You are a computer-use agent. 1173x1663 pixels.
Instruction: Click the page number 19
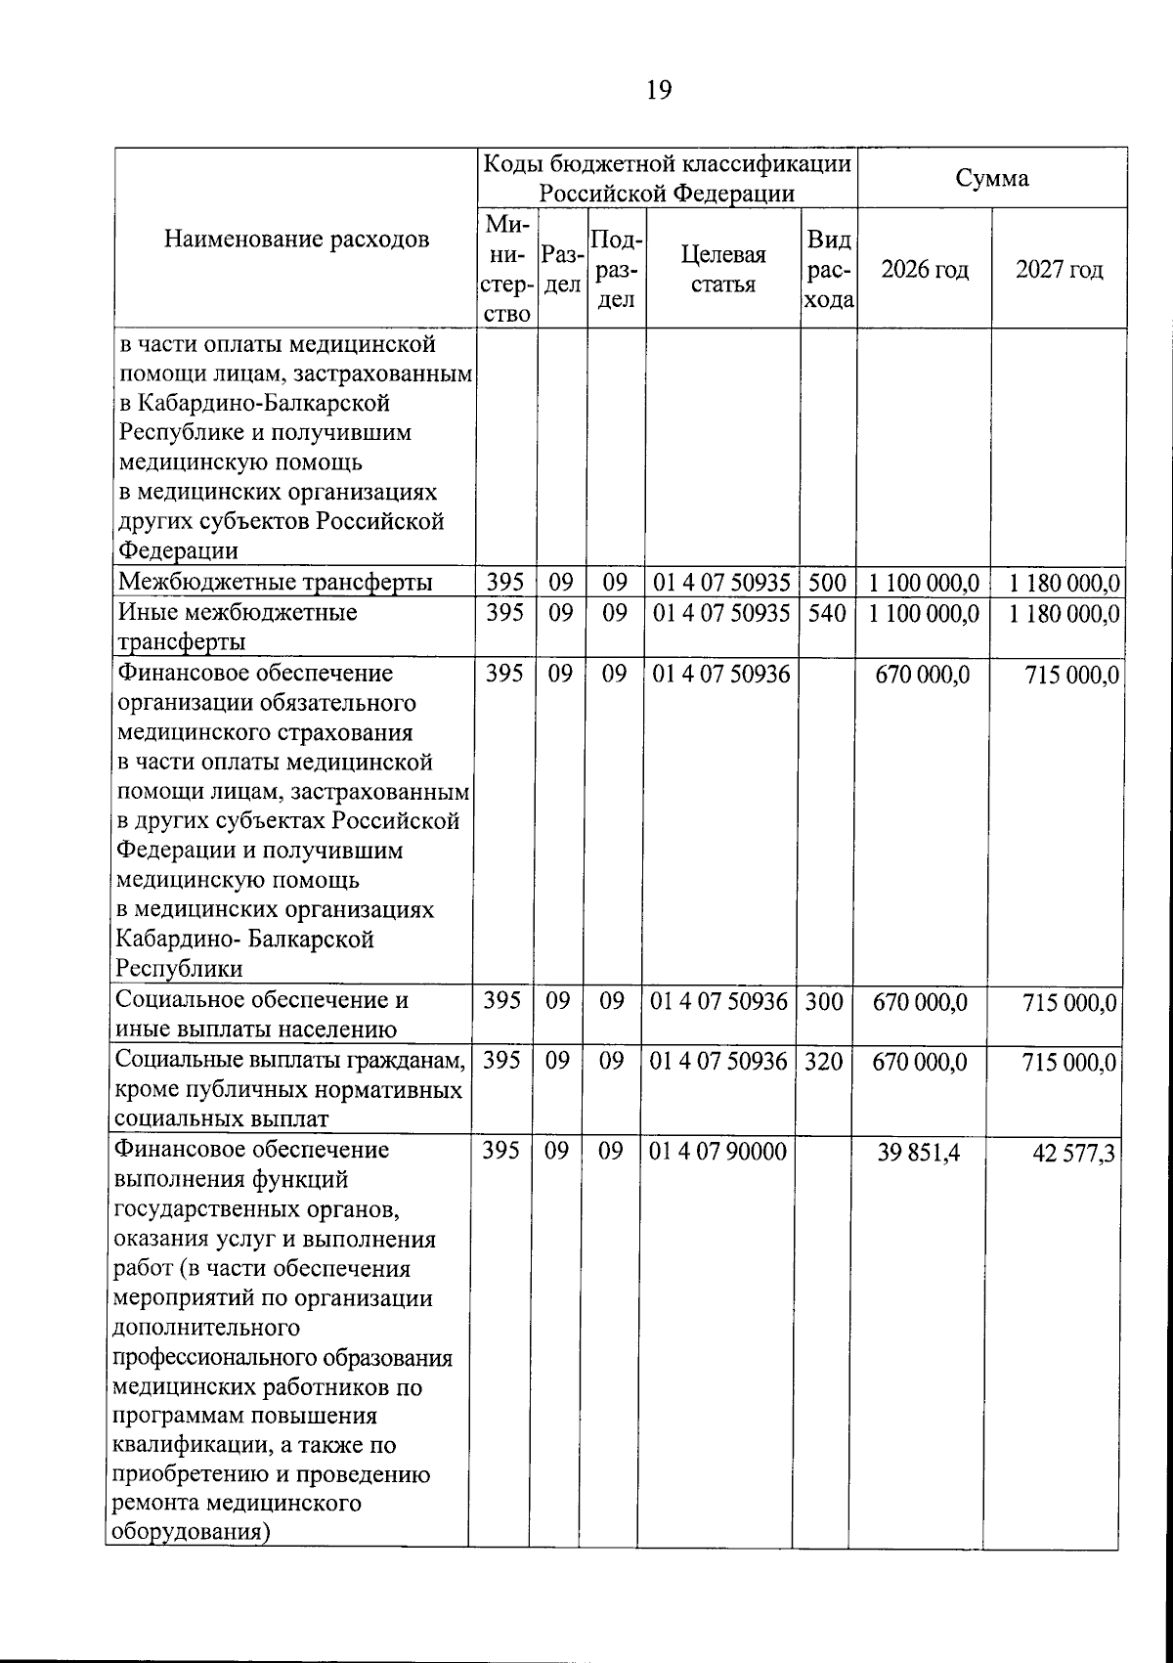(659, 91)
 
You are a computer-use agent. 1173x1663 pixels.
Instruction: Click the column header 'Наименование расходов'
(296, 240)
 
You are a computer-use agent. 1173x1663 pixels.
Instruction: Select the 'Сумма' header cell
(992, 178)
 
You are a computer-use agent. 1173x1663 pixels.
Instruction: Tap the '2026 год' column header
(925, 270)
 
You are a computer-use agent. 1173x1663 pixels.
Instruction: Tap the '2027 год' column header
(1060, 270)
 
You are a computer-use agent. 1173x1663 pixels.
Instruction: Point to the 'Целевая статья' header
(723, 269)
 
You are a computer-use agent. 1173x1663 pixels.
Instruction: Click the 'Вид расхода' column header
(828, 269)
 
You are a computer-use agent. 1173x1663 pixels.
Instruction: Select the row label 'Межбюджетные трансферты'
(276, 583)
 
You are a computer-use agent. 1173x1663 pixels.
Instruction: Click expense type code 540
(827, 613)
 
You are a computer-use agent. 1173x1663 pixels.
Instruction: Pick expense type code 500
(827, 583)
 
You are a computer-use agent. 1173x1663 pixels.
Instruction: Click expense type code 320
(823, 1061)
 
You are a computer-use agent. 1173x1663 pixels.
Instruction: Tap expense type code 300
(823, 1001)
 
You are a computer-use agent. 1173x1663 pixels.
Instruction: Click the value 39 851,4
(919, 1153)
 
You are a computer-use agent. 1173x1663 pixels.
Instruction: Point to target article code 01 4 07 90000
(718, 1152)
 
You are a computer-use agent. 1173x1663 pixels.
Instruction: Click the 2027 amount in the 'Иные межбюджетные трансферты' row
(1064, 615)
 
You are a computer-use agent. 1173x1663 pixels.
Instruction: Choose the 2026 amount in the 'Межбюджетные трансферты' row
(924, 584)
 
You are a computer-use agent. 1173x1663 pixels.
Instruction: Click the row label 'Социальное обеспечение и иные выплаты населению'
(261, 1014)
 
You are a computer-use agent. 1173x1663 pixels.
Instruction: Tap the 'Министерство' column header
(506, 269)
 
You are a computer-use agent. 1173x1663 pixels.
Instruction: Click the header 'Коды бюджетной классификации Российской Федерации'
(668, 178)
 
